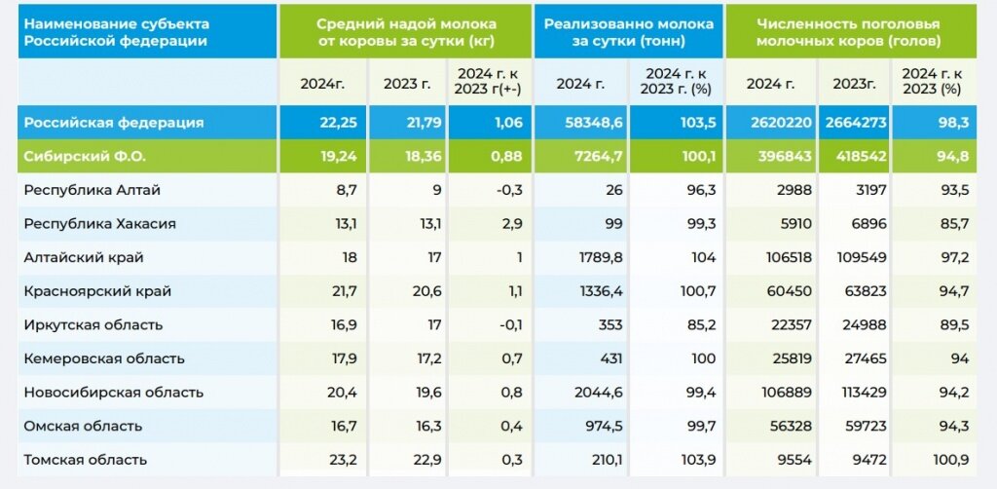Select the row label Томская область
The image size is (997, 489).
(86, 460)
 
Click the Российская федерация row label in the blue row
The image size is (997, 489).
(114, 123)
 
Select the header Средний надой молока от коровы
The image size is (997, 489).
(406, 32)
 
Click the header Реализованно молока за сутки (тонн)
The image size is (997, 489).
(628, 32)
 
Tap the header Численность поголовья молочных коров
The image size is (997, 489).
(848, 32)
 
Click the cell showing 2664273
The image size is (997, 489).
(854, 123)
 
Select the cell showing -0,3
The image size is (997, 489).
(508, 190)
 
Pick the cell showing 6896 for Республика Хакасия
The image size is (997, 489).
(868, 223)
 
